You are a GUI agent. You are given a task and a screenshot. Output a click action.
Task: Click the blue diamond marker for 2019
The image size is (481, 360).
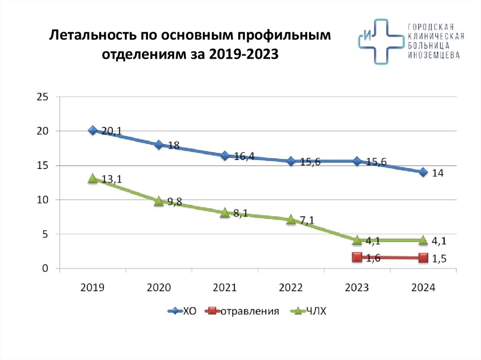[93, 130]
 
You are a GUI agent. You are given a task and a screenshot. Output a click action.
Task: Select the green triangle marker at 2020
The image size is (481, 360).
[159, 201]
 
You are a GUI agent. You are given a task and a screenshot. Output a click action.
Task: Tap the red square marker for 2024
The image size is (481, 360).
[423, 258]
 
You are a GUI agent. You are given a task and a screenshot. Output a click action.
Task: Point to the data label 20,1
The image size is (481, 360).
[112, 131]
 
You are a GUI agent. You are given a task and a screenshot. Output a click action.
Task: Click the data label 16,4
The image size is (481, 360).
[244, 156]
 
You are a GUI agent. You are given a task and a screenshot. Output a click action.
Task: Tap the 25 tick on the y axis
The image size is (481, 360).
[42, 96]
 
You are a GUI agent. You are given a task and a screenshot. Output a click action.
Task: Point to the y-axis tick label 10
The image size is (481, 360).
[42, 200]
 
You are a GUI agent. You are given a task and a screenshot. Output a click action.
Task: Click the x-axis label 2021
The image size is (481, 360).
[225, 288]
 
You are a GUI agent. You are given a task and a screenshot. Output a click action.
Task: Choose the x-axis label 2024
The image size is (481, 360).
[423, 288]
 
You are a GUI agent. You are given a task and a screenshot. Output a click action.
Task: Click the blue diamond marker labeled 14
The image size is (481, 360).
[423, 172]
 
